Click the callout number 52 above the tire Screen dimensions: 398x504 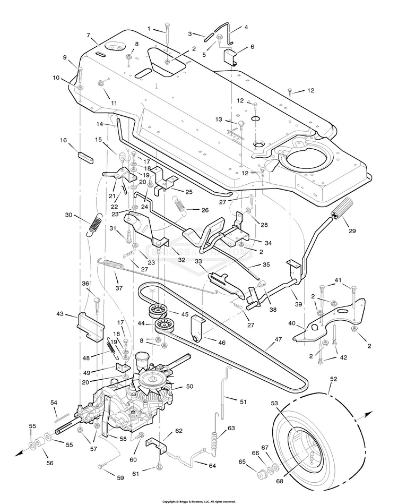(333, 379)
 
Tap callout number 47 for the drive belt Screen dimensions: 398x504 (278, 339)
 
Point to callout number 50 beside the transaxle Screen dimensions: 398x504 (189, 386)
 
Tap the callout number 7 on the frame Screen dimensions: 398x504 (88, 35)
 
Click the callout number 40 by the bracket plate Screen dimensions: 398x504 (291, 323)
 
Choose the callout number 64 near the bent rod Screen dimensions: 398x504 (212, 466)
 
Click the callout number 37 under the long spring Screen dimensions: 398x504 (119, 288)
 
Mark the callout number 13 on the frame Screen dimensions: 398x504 (219, 119)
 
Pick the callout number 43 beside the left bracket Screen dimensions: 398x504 (60, 314)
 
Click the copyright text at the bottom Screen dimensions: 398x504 (199, 501)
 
